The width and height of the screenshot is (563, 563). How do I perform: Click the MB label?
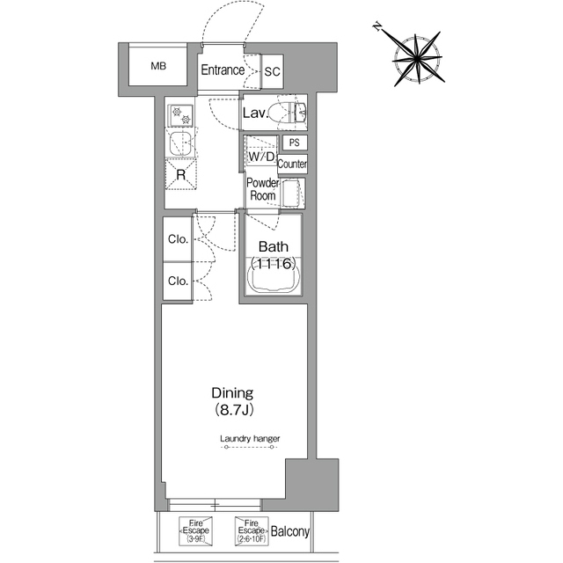[x=158, y=66]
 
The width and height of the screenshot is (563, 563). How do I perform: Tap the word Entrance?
[x=223, y=70]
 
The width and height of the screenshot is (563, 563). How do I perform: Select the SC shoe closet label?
[x=272, y=71]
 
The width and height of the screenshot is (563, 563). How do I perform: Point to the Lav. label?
[x=256, y=113]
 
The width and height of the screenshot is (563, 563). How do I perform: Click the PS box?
[x=295, y=143]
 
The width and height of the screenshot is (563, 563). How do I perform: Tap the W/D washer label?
[x=261, y=157]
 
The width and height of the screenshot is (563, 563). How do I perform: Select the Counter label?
[x=292, y=165]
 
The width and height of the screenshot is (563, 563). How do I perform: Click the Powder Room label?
[x=263, y=189]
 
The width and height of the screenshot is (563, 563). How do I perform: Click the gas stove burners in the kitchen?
[x=180, y=115]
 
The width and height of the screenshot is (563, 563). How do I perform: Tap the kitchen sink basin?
[x=181, y=143]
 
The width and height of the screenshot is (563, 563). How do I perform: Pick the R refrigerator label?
[x=181, y=175]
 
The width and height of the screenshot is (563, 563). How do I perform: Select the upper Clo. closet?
[x=178, y=238]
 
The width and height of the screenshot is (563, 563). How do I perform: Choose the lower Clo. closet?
[x=178, y=281]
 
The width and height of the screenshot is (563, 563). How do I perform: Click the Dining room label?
[x=232, y=401]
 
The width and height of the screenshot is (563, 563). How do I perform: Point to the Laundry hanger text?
[x=250, y=438]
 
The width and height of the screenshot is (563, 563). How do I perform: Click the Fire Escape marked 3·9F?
[x=195, y=530]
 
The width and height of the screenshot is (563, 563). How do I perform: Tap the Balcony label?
[x=290, y=531]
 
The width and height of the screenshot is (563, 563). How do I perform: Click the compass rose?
[x=417, y=58]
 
